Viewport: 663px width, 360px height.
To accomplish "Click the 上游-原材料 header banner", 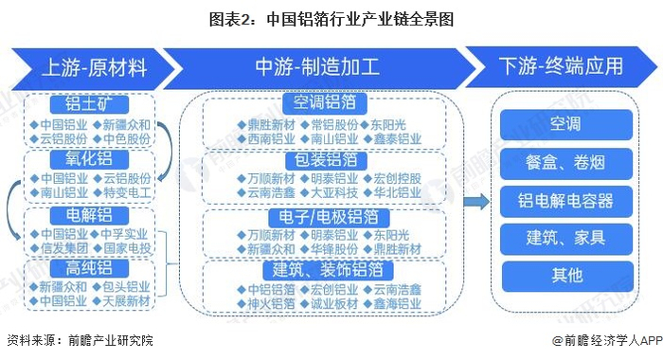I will tap(93, 67).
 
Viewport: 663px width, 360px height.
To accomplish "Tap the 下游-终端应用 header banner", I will tap(561, 67).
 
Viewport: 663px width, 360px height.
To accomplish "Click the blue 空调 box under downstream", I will tap(566, 125).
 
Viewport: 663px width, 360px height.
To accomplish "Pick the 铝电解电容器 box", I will tap(566, 200).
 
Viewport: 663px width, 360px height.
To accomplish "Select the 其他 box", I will tap(566, 276).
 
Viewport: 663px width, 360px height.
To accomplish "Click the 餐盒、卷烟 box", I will tap(566, 163).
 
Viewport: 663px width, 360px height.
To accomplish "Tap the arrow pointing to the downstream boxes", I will tap(480, 200).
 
